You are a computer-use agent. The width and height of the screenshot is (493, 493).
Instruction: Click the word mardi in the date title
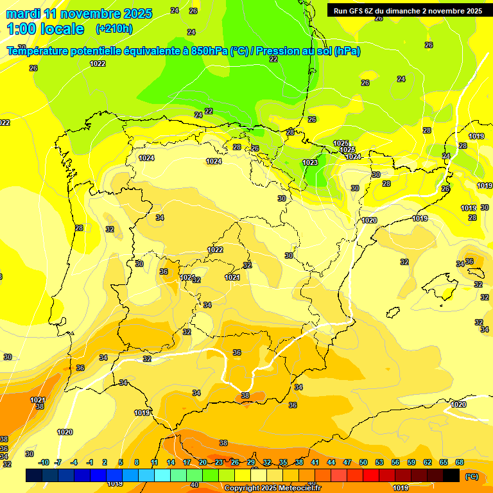pos(22,13)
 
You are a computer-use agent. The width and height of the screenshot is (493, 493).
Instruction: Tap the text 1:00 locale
pos(45,29)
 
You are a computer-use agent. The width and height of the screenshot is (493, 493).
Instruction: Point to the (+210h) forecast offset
pos(114,29)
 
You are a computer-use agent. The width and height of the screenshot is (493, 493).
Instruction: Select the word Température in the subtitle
pos(42,51)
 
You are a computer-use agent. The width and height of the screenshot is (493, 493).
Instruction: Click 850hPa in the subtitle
pos(209,51)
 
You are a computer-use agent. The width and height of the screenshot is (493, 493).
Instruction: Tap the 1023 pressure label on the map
pos(310,162)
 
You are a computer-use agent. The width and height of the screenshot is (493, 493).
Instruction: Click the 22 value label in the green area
pos(273,59)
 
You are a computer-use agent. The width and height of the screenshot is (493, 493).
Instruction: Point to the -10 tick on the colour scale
pos(44,462)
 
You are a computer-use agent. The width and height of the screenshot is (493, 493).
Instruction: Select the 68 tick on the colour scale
pos(460,462)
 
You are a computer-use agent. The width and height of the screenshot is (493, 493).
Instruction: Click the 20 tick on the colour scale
pos(203,462)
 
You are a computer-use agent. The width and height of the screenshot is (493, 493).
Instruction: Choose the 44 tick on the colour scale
pos(331,462)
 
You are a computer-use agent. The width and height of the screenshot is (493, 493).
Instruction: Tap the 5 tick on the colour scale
pos(121,462)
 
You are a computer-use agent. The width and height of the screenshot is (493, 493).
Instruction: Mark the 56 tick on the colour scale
pos(395,462)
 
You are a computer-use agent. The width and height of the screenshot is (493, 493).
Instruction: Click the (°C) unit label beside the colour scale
pos(472,476)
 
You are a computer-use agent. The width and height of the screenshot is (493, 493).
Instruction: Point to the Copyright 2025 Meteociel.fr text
pos(272,488)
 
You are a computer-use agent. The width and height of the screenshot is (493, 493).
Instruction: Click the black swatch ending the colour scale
pos(451,475)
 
